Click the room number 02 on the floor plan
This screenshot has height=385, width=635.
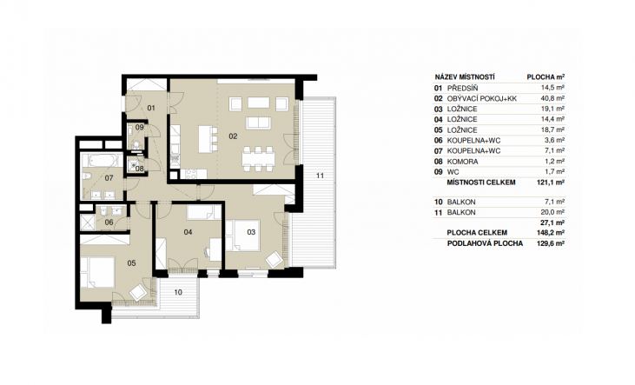233,136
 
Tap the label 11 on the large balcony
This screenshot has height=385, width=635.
320,176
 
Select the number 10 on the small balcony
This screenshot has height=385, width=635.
178,292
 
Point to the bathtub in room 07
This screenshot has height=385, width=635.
102,161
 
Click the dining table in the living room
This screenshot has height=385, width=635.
258,156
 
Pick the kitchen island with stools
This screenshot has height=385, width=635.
208,139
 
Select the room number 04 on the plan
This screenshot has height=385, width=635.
188,232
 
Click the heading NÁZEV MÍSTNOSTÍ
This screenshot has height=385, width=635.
465,77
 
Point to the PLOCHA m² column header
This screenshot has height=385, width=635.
546,77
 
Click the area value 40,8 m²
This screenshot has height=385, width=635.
552,98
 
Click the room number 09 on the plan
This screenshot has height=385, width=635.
139,127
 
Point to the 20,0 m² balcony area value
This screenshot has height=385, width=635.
552,212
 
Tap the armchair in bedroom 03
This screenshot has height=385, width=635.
275,259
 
